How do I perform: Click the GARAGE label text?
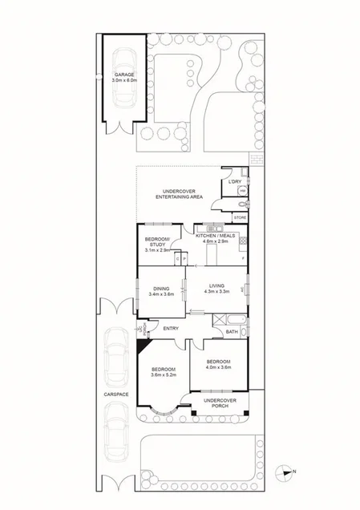(124, 75)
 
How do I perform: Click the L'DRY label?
(234, 182)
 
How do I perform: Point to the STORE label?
(240, 217)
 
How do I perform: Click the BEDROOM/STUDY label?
(156, 242)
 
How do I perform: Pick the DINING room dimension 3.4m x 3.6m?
(160, 294)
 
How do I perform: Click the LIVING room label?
(216, 286)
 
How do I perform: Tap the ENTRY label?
(171, 328)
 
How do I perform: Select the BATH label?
(231, 331)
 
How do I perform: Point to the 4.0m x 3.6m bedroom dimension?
(217, 367)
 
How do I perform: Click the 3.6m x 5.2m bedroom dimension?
(163, 374)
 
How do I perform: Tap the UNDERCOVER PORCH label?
(218, 403)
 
